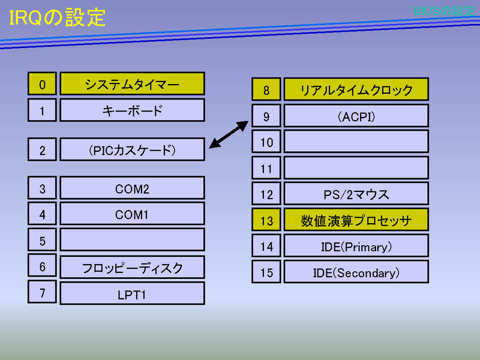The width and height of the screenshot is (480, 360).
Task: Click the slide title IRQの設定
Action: [57, 17]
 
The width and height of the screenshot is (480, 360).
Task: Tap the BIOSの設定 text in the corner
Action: [444, 11]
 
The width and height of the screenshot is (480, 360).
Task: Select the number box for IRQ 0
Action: [42, 83]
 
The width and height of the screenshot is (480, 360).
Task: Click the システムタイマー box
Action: [132, 83]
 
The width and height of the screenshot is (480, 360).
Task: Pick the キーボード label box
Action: [132, 110]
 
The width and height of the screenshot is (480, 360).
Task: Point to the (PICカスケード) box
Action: [132, 149]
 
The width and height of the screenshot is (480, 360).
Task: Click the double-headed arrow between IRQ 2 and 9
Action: [229, 134]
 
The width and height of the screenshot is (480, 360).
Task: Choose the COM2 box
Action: [132, 188]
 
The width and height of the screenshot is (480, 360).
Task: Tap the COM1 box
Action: [132, 214]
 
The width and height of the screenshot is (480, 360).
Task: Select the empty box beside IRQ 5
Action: [132, 239]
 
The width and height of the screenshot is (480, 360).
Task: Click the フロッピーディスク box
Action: [132, 267]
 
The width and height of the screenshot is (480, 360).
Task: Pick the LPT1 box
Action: [132, 293]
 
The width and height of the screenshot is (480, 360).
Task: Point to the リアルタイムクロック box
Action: [356, 89]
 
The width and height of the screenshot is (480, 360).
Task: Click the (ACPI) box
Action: [356, 115]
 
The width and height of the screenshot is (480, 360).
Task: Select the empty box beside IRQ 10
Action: [356, 142]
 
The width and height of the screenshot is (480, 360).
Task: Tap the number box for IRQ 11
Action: [266, 167]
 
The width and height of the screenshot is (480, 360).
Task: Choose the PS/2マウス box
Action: [356, 193]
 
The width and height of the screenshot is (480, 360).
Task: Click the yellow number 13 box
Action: [266, 220]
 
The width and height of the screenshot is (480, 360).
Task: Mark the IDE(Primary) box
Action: [356, 245]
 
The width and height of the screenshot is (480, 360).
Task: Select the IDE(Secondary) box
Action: [356, 272]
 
